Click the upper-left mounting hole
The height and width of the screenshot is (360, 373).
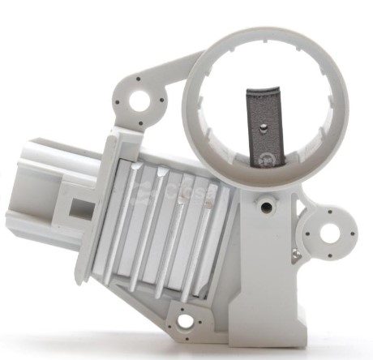pyautogui.click(x=140, y=101)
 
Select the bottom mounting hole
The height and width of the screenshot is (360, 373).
pyautogui.click(x=186, y=321)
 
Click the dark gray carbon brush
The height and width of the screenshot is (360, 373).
pyautogui.click(x=264, y=130)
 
